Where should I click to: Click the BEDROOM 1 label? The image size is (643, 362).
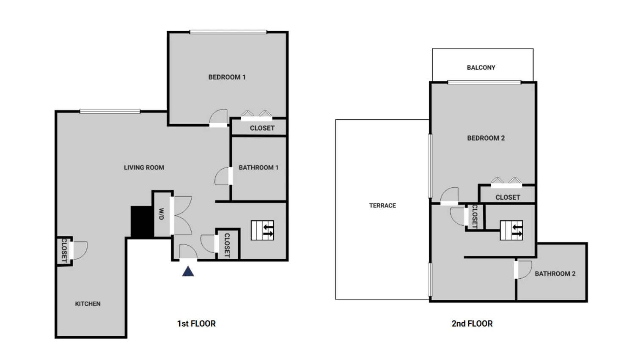point(227,77)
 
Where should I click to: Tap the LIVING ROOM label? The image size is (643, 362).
point(144,167)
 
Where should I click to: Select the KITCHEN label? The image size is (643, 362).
point(88,304)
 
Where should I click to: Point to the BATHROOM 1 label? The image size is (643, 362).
point(258,167)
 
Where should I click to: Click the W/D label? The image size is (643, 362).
point(161,214)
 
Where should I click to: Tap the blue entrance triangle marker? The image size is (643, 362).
point(188,271)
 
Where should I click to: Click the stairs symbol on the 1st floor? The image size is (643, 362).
point(262,230)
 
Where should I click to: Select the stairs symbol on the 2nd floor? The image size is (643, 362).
point(511,230)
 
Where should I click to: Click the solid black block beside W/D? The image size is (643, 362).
point(141,222)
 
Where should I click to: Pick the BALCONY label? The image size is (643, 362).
point(481,68)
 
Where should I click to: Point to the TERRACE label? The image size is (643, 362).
point(382,206)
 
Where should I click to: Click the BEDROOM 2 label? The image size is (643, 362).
point(486,138)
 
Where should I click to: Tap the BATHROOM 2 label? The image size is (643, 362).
point(555,274)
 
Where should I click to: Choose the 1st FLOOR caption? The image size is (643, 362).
point(196,324)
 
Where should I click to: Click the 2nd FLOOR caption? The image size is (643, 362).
point(472,324)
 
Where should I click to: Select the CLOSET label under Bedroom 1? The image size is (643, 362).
point(262,128)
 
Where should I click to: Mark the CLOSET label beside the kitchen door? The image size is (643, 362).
point(64,250)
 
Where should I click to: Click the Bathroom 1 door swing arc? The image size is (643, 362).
point(221,177)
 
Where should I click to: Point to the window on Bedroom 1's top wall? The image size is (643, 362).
point(228,32)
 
